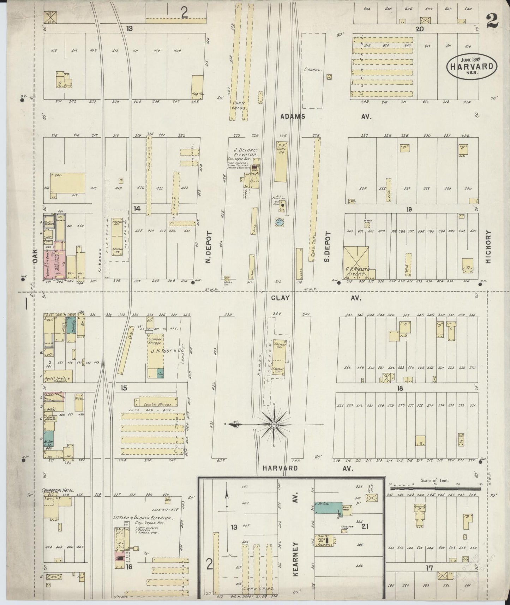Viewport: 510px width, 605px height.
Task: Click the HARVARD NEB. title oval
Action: tap(472, 66)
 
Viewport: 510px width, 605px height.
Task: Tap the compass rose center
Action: tap(274, 424)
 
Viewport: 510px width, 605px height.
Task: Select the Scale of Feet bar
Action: tap(433, 489)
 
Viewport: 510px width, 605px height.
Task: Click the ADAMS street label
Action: tap(293, 116)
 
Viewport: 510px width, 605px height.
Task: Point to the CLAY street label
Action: tap(280, 298)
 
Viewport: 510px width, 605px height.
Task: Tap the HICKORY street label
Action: tap(488, 247)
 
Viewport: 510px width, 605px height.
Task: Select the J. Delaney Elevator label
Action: tap(247, 152)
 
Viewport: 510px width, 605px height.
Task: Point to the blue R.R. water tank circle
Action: tap(280, 222)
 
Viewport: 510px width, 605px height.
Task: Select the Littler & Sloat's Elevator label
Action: tap(142, 518)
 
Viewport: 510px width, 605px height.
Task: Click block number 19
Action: tap(409, 209)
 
